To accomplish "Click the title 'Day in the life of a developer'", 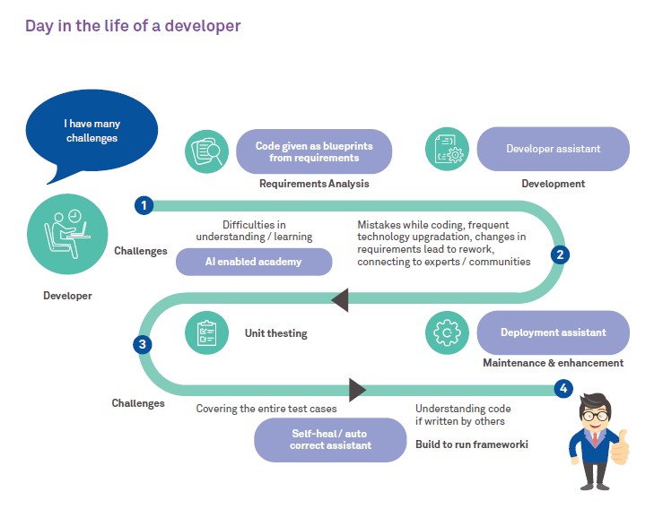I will pos(133,26).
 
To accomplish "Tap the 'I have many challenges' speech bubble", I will pos(91,131).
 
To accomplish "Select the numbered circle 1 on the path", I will pos(143,205).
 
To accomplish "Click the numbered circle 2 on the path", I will pos(561,254).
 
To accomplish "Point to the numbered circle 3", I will pos(143,344).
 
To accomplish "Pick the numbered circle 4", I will pos(562,389).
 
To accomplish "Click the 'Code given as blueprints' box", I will pos(314,151).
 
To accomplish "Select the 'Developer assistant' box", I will pos(553,149).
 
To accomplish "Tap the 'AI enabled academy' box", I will pos(254,262).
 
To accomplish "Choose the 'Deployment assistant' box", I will pos(553,332).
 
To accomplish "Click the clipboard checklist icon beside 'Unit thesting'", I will pos(206,332).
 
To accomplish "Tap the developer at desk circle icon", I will pos(67,235).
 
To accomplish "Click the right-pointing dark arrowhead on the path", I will pos(357,389).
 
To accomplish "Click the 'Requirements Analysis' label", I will pos(314,184).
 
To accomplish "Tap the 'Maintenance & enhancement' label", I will pos(553,363).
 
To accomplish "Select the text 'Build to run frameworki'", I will pos(471,444).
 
